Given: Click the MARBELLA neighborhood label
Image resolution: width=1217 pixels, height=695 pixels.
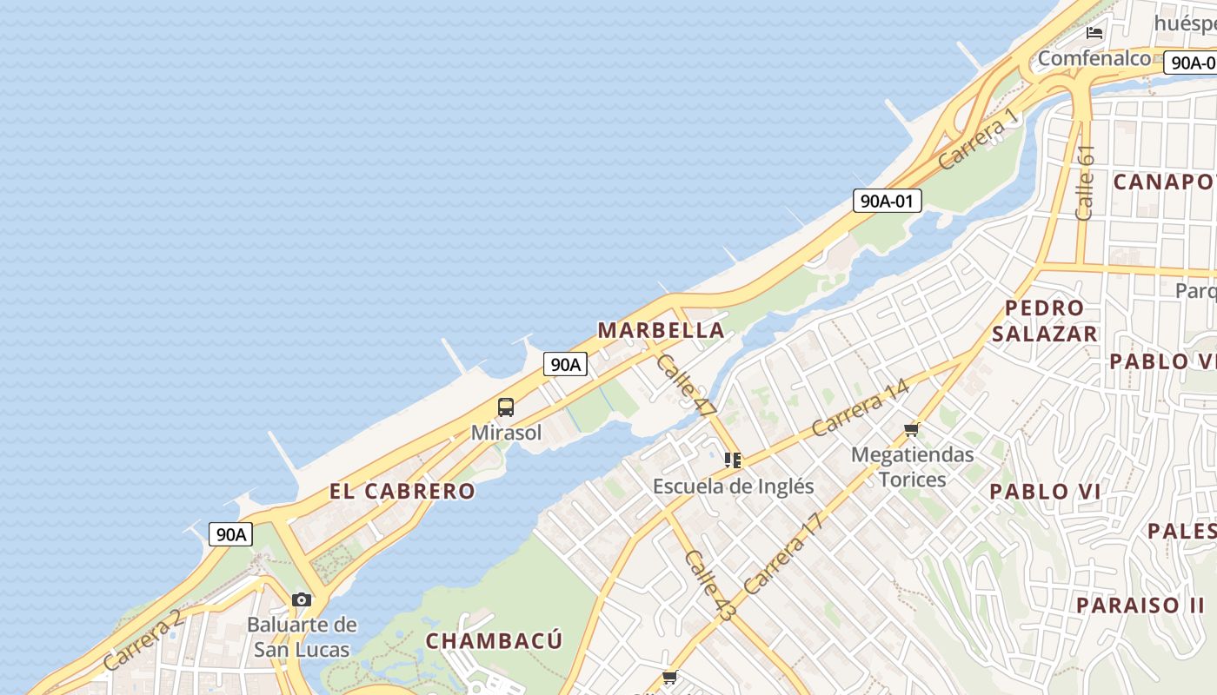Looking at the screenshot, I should [x=661, y=330].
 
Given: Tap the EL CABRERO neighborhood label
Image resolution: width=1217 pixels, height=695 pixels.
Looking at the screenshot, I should [x=402, y=491].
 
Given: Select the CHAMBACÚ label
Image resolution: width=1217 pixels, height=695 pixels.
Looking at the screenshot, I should [x=494, y=641].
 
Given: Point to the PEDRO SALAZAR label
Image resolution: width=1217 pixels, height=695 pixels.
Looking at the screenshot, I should [x=1044, y=321].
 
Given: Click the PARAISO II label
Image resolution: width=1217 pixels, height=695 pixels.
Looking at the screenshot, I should [x=1141, y=606].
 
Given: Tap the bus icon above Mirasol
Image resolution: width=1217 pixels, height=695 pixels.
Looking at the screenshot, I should [x=506, y=407].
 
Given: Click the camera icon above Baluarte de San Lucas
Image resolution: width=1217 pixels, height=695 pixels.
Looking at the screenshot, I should [x=302, y=599].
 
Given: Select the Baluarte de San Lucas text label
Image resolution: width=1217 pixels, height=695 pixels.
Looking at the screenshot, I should [x=302, y=637].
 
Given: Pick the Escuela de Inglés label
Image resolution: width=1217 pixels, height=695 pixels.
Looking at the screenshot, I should [x=733, y=486].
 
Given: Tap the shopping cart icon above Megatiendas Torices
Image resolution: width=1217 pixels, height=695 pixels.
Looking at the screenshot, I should [x=911, y=429].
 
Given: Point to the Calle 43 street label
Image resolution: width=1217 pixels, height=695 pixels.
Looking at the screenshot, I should [x=709, y=586].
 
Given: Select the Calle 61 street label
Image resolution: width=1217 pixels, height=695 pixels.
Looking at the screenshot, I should [x=1085, y=182].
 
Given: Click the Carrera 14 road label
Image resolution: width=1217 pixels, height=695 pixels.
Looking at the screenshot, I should [x=860, y=407].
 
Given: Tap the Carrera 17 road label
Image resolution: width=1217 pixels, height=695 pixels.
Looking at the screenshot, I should [x=782, y=553].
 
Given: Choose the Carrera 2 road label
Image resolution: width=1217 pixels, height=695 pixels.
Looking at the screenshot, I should [x=143, y=639].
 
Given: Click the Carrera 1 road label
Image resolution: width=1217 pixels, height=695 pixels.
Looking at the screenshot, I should [x=977, y=139].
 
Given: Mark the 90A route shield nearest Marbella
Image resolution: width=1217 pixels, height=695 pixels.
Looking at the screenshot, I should [x=565, y=364].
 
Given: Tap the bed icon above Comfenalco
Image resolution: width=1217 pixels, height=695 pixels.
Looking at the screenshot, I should [x=1094, y=33].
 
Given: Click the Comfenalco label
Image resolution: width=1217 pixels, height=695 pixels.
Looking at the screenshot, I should [x=1094, y=59].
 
